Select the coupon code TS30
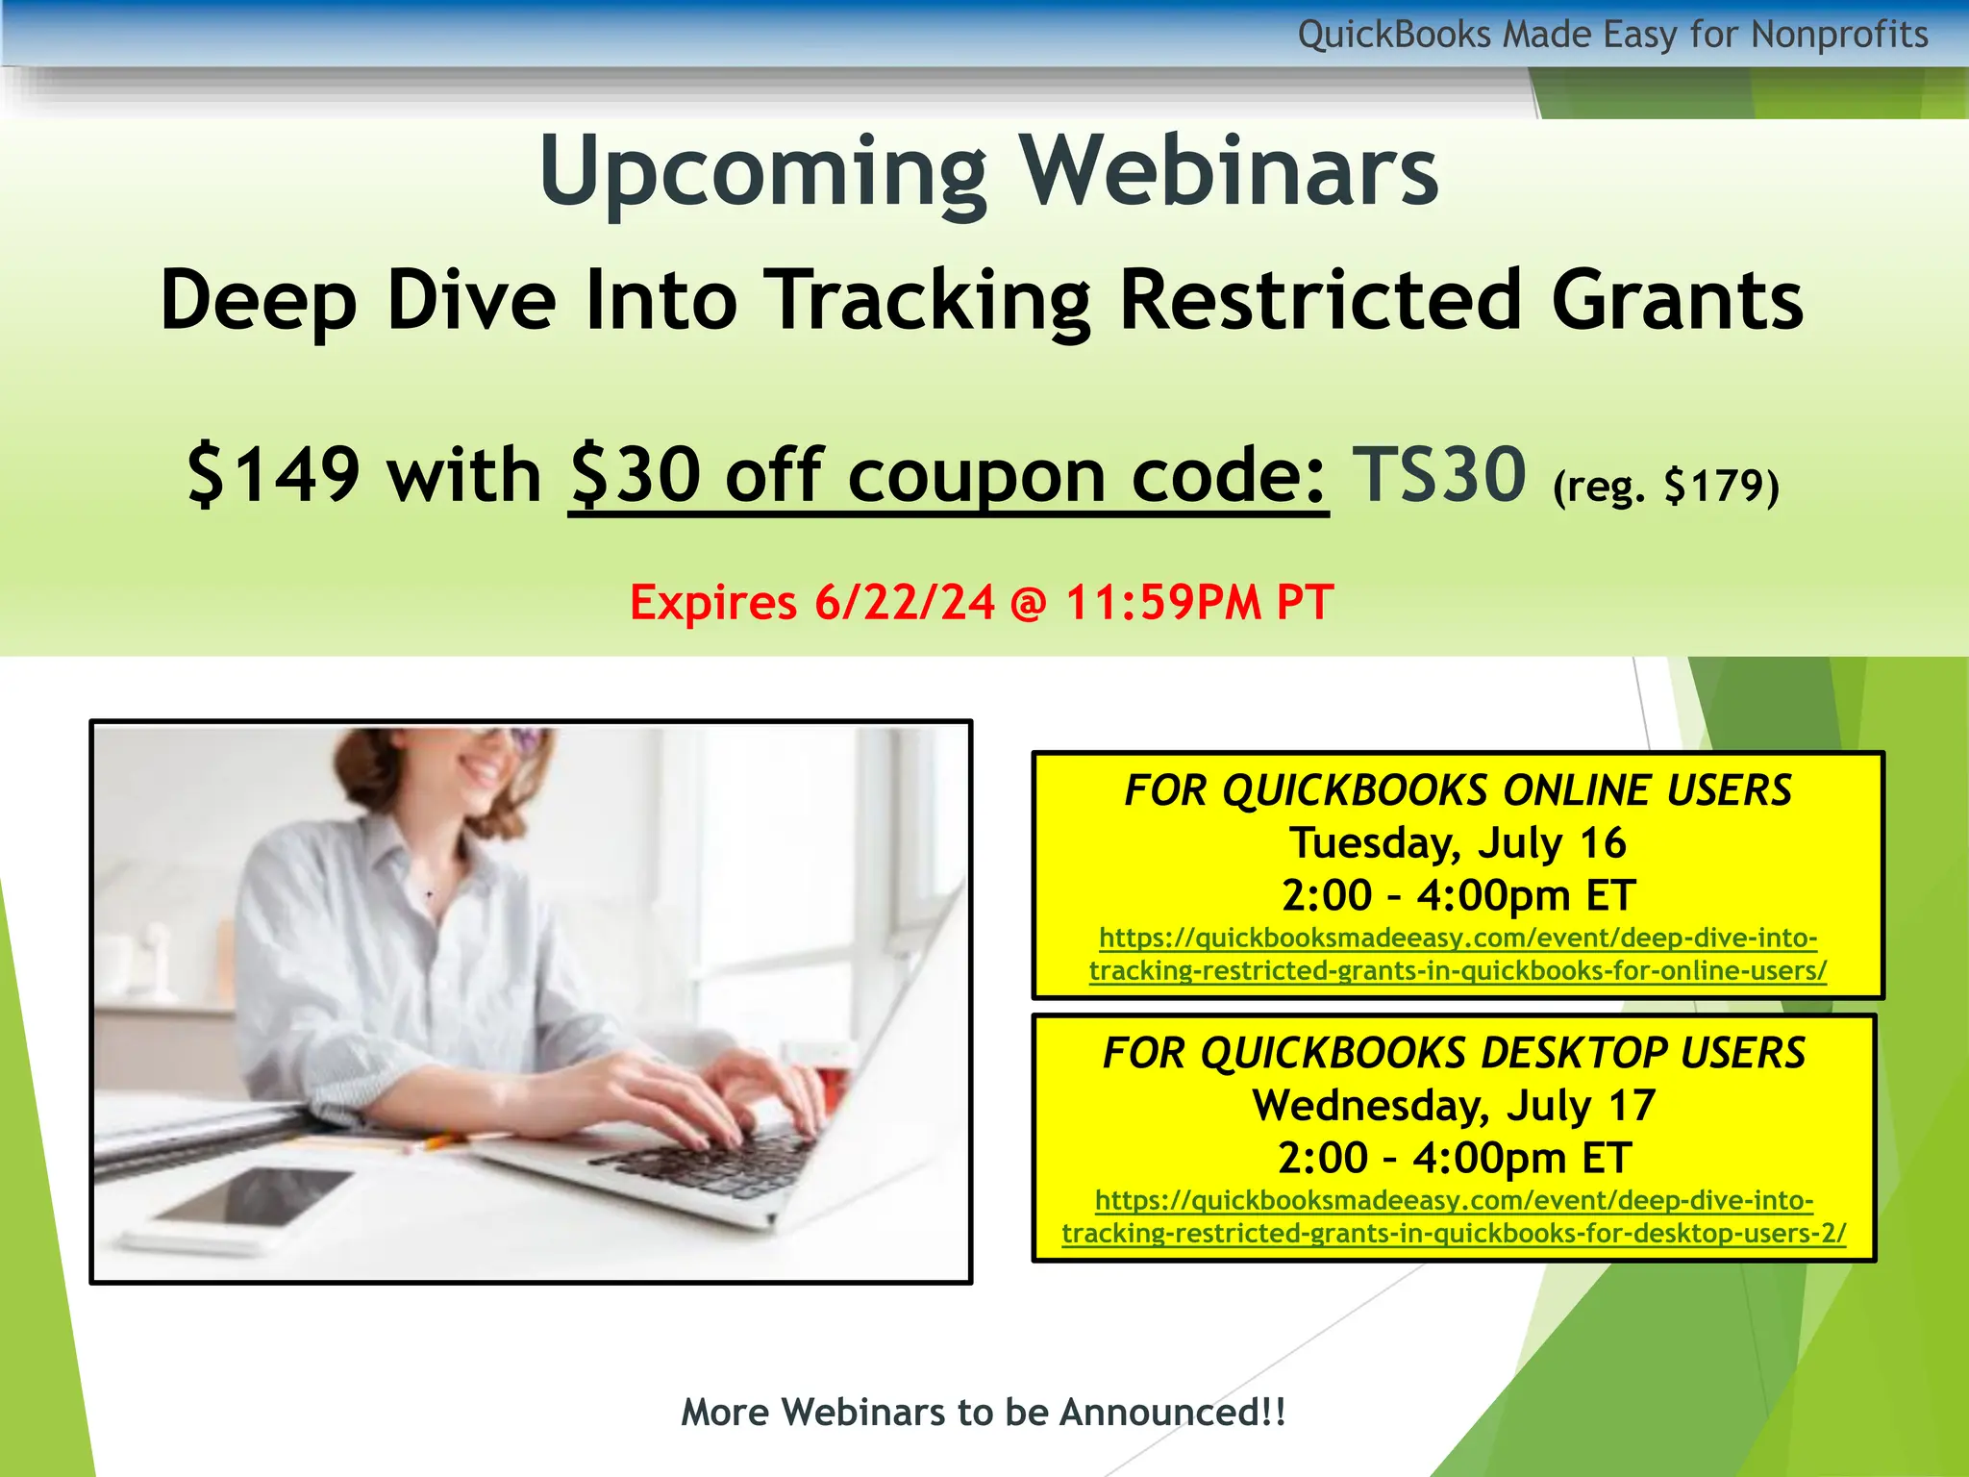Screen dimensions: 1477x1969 1438,474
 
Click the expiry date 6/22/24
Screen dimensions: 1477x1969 904,603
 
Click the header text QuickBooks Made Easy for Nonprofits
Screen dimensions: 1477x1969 1612,35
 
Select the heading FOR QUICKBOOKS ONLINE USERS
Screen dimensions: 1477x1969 1458,790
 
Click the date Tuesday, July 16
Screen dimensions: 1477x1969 1458,843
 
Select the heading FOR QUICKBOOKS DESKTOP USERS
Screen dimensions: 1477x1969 1454,1053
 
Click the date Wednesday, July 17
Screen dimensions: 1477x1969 1454,1106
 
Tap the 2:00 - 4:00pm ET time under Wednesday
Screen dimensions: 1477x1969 1454,1158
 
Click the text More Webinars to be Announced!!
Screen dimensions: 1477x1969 983,1413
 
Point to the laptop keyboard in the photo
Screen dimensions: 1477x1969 716,1164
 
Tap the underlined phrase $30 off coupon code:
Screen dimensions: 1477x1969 948,476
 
